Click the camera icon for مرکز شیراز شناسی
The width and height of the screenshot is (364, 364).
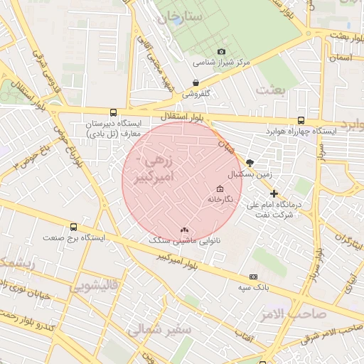(x=221, y=52)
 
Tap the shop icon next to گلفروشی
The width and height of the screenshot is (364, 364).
(x=196, y=82)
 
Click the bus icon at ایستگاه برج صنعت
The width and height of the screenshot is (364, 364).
(x=74, y=227)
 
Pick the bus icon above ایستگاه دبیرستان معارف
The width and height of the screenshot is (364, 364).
(x=113, y=112)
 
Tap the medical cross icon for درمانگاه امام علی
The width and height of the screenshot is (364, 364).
(x=274, y=193)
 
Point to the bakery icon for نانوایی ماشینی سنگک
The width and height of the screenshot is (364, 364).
(x=185, y=230)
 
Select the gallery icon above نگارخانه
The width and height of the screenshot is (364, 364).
(x=219, y=189)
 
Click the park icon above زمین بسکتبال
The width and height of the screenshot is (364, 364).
(x=250, y=163)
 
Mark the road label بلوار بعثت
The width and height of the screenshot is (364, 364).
(x=336, y=35)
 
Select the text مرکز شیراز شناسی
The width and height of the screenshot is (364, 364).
(x=225, y=63)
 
